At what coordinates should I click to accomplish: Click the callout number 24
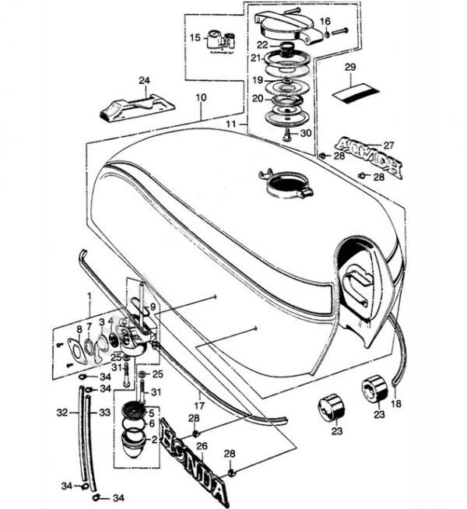142,80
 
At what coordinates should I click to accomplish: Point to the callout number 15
195,37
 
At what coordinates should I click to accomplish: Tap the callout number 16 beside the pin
325,20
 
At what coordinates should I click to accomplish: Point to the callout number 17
200,405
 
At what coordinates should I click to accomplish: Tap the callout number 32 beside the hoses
62,409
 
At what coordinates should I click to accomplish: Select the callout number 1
89,297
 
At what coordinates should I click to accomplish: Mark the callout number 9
153,307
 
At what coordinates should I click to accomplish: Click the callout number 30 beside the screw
306,133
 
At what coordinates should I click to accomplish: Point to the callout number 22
263,44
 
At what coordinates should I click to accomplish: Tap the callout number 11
232,123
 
